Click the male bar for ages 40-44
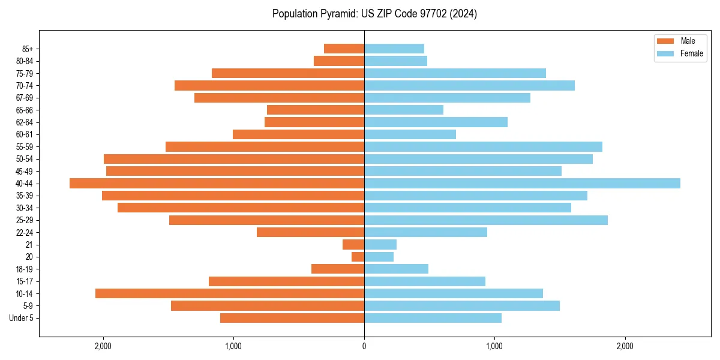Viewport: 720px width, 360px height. click(x=217, y=183)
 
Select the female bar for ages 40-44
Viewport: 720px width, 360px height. click(x=522, y=183)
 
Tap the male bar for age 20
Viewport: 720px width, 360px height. click(x=358, y=257)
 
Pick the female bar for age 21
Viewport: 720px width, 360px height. click(x=380, y=244)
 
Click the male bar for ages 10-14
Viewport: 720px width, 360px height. click(x=230, y=293)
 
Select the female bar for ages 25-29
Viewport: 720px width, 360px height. click(x=486, y=220)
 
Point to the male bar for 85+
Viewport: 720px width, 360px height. click(x=344, y=49)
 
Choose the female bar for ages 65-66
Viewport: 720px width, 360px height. click(x=404, y=110)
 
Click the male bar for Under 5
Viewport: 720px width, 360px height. click(x=292, y=318)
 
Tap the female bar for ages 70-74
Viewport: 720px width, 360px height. click(x=469, y=85)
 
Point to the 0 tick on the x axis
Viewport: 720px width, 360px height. click(x=364, y=346)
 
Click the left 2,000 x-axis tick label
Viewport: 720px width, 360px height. click(x=103, y=346)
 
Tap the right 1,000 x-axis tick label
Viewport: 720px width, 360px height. click(x=494, y=346)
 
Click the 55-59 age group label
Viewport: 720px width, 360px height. click(x=25, y=146)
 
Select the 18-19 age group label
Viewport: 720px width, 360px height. click(x=25, y=269)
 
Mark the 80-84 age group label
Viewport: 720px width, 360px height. click(x=25, y=61)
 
